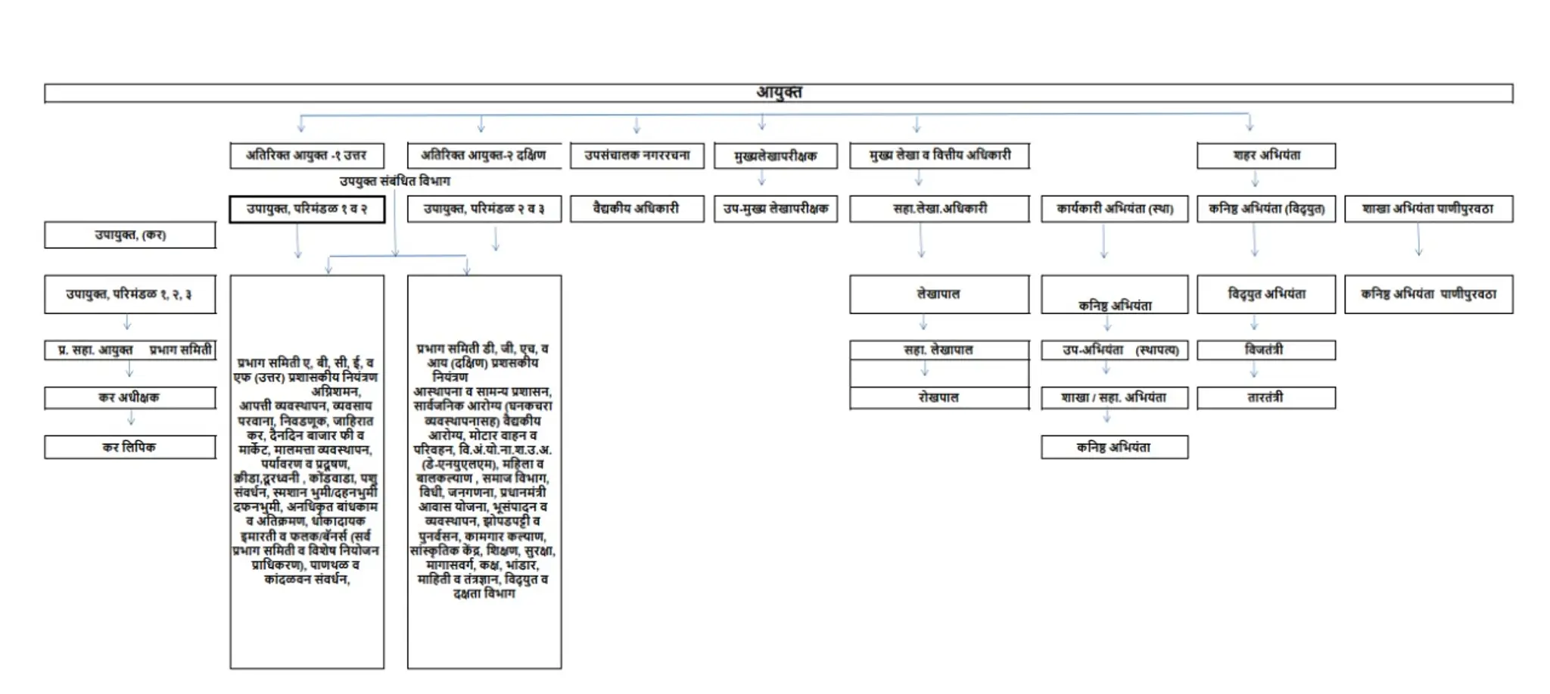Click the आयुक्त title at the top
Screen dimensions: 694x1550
tap(779, 92)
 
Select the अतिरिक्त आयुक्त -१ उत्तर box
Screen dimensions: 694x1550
tap(307, 155)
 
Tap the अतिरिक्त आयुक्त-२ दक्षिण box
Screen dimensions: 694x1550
tap(484, 155)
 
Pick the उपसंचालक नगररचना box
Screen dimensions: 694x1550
tap(636, 155)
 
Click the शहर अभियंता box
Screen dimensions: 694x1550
tap(1265, 155)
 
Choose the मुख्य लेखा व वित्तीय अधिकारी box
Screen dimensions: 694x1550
tap(939, 155)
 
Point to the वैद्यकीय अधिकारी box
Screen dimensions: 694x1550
tap(636, 208)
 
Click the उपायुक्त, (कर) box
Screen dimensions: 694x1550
tap(129, 235)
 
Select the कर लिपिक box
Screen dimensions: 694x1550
tap(129, 447)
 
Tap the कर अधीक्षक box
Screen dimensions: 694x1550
tap(129, 397)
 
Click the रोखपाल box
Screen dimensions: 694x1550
tap(938, 397)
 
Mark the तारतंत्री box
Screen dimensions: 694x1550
tap(1265, 397)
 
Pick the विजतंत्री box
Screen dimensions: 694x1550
tap(1265, 350)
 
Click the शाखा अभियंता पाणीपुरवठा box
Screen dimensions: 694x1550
tap(1428, 208)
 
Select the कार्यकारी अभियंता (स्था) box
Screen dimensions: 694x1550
tap(1114, 208)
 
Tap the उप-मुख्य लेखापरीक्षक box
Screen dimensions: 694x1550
tap(775, 208)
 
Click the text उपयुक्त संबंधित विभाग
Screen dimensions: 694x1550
tap(394, 181)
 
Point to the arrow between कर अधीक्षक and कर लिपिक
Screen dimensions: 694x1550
tap(131, 419)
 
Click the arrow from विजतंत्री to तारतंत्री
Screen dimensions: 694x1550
tap(1254, 371)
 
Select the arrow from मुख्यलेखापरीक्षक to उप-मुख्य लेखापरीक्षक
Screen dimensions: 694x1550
tap(762, 179)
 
